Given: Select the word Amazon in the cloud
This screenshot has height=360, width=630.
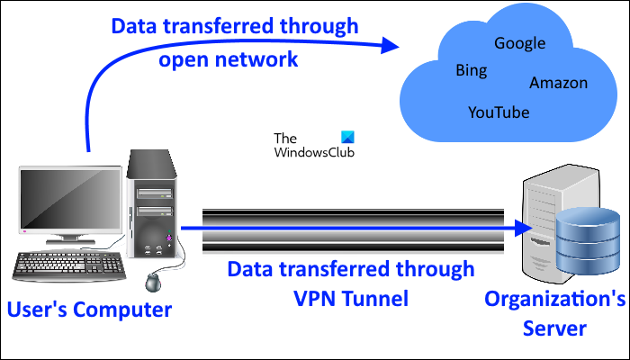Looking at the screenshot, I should [558, 83].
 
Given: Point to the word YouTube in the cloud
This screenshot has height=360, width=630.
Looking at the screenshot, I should [499, 112].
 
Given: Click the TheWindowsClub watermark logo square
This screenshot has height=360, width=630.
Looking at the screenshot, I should [348, 138].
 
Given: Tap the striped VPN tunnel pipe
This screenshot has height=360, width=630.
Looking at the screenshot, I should [351, 229].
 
